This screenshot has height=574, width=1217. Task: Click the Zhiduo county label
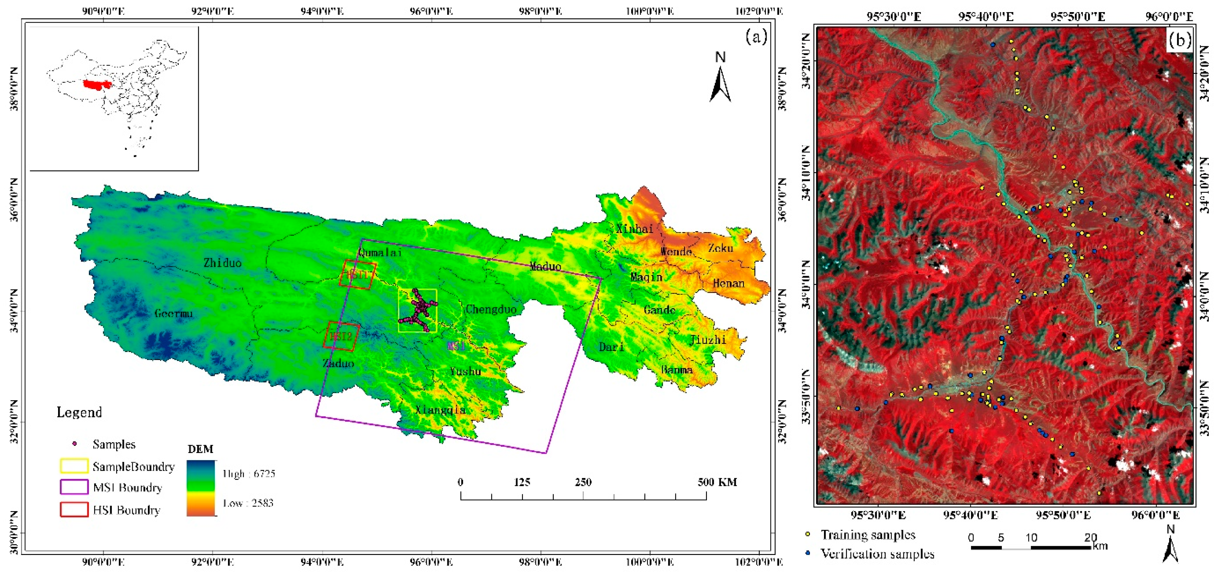pyautogui.click(x=222, y=263)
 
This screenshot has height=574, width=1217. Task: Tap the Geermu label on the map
pyautogui.click(x=174, y=313)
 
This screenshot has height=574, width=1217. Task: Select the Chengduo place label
pyautogui.click(x=491, y=310)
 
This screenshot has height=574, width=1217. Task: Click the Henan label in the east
pyautogui.click(x=728, y=284)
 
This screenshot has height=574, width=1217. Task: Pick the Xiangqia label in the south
pyautogui.click(x=440, y=410)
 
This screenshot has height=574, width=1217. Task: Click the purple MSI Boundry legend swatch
pyautogui.click(x=74, y=487)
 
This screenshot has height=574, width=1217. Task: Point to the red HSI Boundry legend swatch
pyautogui.click(x=74, y=509)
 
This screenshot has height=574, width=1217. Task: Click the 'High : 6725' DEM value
pyautogui.click(x=249, y=473)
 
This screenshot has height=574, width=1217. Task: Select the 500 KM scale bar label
pyautogui.click(x=717, y=482)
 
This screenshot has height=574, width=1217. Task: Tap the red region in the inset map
pyautogui.click(x=96, y=85)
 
